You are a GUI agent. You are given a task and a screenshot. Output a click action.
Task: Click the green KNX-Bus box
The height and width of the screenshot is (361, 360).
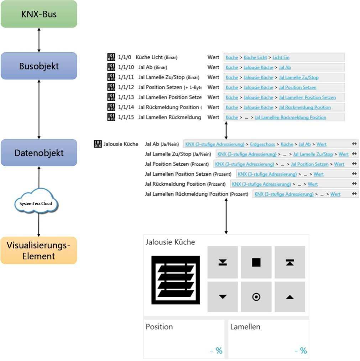click(39, 14)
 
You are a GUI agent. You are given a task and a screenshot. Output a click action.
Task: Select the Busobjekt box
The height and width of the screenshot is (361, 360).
click(39, 66)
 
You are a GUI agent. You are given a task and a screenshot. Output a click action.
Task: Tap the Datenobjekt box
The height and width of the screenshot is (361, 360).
click(39, 153)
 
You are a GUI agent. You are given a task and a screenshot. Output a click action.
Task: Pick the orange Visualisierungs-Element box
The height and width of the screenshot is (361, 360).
click(39, 251)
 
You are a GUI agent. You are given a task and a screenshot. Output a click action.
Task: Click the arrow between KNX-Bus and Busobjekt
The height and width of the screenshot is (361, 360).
click(39, 40)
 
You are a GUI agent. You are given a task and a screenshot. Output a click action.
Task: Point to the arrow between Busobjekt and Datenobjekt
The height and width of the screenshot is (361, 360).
click(39, 109)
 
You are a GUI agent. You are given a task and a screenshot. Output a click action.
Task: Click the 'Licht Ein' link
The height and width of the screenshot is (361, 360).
click(281, 57)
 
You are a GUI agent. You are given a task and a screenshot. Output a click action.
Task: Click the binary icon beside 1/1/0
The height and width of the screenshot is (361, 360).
click(111, 57)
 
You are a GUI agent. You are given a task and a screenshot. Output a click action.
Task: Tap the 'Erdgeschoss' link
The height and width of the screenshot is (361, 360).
click(262, 144)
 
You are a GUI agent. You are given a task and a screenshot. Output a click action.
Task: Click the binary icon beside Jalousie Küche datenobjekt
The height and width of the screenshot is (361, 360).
click(98, 144)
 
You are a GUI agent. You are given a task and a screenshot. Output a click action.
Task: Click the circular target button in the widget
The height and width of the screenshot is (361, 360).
click(256, 297)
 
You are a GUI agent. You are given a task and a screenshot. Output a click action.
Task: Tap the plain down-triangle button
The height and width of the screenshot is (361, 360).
click(223, 297)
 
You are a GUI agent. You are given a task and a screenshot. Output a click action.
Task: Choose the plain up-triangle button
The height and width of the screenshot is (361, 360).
click(289, 297)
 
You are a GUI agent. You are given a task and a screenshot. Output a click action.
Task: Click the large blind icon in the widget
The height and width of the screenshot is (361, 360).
click(176, 280)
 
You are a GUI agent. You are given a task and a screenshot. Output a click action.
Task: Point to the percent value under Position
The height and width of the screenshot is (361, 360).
click(216, 351)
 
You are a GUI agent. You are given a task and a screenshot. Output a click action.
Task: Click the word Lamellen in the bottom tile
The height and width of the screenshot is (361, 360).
click(245, 327)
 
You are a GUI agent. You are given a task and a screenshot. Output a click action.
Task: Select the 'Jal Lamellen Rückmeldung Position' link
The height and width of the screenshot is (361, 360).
click(290, 117)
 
